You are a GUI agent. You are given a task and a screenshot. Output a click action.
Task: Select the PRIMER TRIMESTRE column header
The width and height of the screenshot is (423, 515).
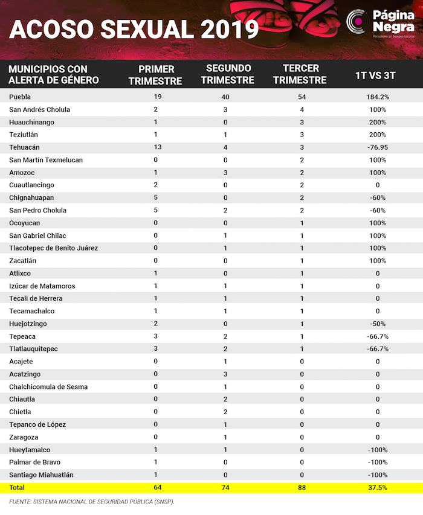156,74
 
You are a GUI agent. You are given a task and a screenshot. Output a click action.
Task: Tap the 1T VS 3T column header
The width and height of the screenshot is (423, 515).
375,75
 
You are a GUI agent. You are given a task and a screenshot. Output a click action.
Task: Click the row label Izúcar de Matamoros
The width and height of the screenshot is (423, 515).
42,286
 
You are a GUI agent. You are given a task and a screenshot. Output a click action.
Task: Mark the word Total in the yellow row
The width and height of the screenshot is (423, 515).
17,487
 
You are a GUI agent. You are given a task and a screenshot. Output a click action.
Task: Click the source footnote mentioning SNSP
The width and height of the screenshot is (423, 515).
95,502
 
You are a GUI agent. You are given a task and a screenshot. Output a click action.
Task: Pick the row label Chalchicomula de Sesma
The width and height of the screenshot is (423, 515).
48,386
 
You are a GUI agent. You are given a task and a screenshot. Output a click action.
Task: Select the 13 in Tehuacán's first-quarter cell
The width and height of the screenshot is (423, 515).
156,147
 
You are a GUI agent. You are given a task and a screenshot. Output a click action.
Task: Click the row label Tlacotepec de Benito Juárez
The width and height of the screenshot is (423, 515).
53,248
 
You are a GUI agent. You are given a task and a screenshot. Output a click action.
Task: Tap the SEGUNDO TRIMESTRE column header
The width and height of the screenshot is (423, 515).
228,74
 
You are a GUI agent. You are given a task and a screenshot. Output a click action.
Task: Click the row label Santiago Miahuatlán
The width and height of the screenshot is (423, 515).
41,475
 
